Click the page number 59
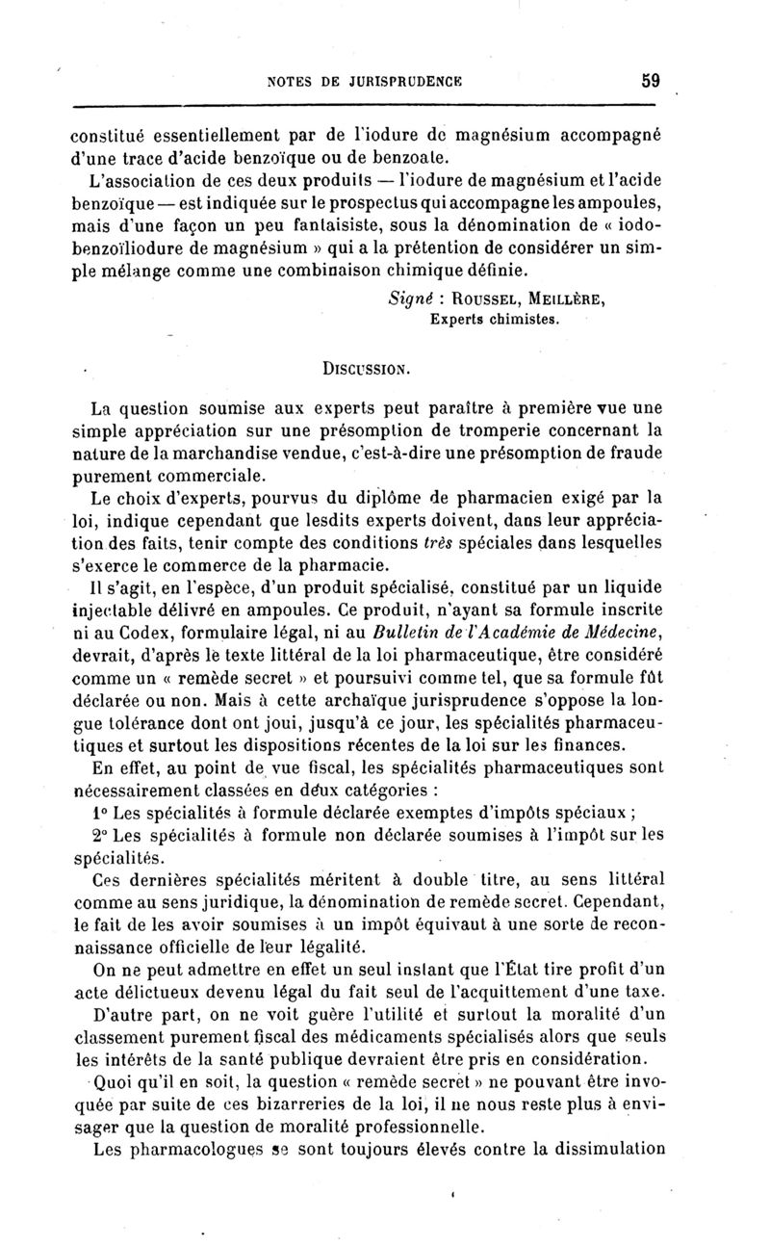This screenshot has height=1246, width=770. coord(645,82)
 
